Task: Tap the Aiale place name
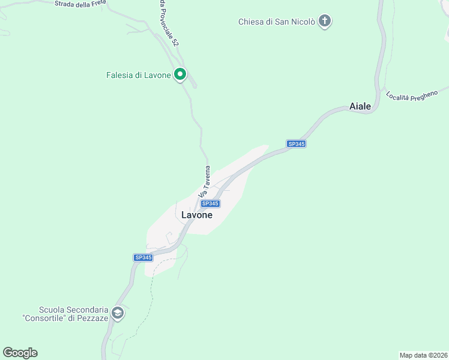pos(360,107)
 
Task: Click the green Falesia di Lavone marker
pos(180,75)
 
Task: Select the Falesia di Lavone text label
pos(138,76)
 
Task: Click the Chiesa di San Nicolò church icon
pos(325,22)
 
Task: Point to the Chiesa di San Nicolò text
pos(276,22)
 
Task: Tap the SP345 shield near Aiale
pos(297,144)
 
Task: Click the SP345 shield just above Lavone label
pos(210,204)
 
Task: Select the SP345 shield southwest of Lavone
pos(143,257)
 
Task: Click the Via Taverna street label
pos(204,182)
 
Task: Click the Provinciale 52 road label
pos(169,24)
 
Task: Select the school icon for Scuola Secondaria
pos(118,313)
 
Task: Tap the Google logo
pos(20,353)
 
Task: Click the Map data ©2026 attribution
pos(423,355)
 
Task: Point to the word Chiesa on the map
pos(252,22)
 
